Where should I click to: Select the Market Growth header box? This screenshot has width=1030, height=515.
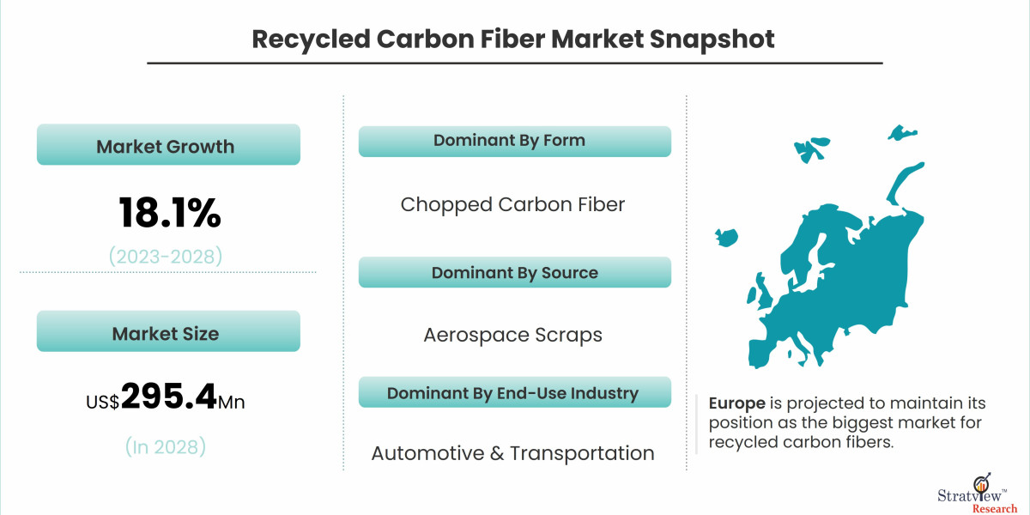168,145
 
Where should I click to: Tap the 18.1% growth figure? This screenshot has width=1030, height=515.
169,213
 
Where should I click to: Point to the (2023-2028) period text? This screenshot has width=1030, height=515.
165,255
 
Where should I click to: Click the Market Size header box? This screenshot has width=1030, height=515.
168,332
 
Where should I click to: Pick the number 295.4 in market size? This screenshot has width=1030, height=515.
168,397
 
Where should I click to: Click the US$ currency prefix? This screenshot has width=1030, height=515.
102,401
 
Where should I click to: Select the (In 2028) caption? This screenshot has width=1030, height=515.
165,446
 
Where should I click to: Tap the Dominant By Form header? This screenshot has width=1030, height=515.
513,141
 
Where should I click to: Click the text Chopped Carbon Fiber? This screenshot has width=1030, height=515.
512,204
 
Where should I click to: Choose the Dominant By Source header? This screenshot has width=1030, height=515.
513,273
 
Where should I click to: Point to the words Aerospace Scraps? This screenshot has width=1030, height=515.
512,335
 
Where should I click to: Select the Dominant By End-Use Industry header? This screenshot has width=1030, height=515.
513,393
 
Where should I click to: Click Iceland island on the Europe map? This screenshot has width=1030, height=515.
726,235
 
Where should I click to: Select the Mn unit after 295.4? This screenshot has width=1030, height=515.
232,401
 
